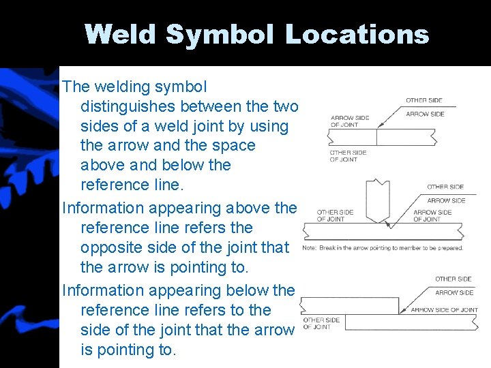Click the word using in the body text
point(269,126)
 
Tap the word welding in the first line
point(121,87)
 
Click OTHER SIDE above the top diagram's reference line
point(424,101)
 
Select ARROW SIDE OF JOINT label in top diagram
point(349,121)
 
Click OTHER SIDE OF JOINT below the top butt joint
point(348,156)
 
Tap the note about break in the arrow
point(383,248)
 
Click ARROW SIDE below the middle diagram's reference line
point(446,201)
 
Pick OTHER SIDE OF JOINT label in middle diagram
point(335,216)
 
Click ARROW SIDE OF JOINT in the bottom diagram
point(444,310)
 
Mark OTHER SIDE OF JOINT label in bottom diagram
point(321,323)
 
